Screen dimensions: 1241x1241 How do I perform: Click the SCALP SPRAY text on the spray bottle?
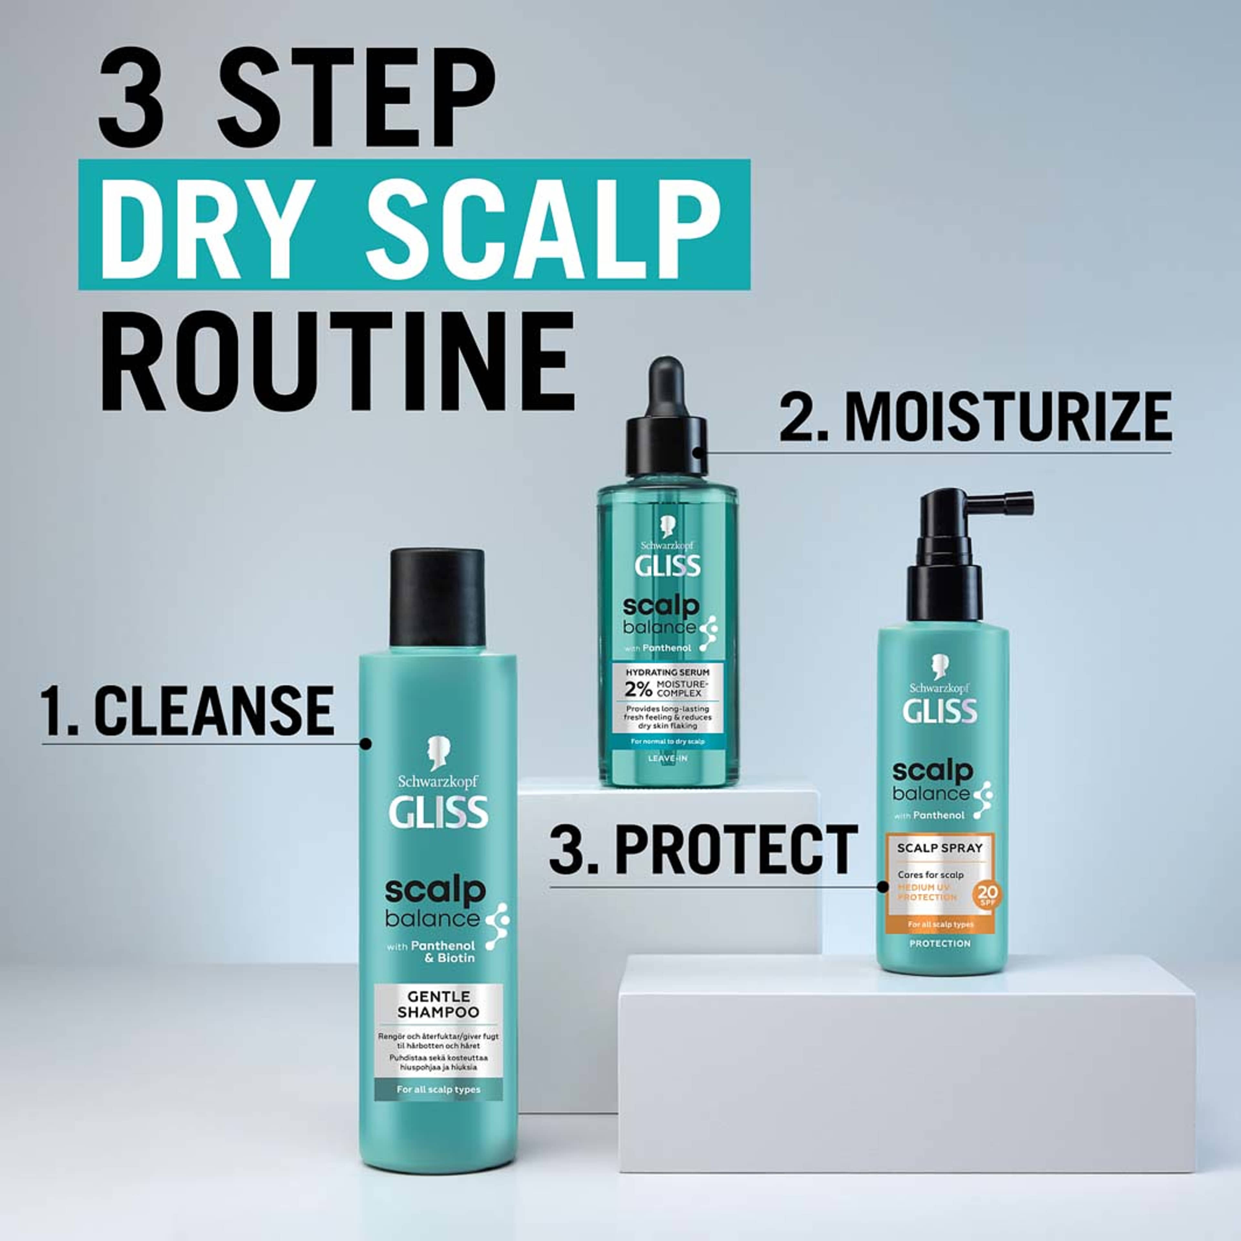click(x=940, y=848)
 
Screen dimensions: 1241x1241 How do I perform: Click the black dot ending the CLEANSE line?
click(x=366, y=744)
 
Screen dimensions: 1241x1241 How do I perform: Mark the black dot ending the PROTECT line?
click(x=883, y=887)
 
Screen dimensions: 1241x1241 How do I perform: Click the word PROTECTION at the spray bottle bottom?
click(x=940, y=944)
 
